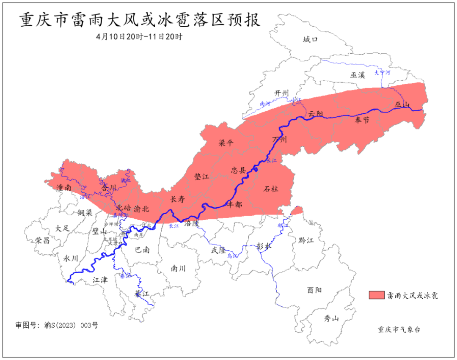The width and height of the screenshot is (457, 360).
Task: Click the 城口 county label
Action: pos(310,40)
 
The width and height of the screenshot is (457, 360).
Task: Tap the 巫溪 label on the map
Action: pos(358,75)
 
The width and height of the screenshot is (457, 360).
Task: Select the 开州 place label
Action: pos(281,93)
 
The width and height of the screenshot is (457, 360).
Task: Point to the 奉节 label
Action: pos(362,121)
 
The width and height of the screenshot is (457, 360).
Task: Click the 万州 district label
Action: pos(279,140)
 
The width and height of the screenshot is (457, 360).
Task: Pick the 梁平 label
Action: pos(226,143)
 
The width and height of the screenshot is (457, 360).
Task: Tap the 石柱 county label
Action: pos(271,189)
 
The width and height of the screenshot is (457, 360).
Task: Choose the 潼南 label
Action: pos(63,187)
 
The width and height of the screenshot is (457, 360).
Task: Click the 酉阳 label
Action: pos(314,290)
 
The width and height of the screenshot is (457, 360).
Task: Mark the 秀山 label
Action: pos(331,319)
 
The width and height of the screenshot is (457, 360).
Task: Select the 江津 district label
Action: pos(100,280)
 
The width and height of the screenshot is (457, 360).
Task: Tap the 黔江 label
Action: pos(306,240)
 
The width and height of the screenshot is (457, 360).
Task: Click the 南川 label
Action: pos(178,268)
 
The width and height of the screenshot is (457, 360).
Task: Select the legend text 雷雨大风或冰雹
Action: pos(412,295)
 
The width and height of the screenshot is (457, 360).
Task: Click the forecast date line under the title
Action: pos(139,37)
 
